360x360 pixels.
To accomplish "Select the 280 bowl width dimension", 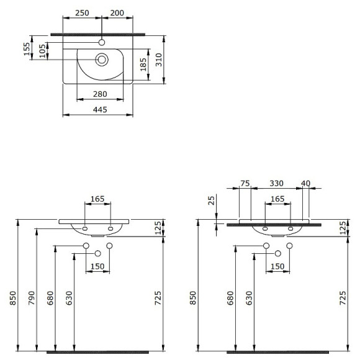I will click(100, 94).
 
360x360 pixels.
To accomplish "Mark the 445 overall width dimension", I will click(100, 110).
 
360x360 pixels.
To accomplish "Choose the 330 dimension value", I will click(277, 183).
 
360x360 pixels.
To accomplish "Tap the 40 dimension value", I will click(305, 183).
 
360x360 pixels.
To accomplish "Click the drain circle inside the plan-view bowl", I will click(101, 60).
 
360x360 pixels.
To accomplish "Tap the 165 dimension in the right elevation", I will click(277, 199).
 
